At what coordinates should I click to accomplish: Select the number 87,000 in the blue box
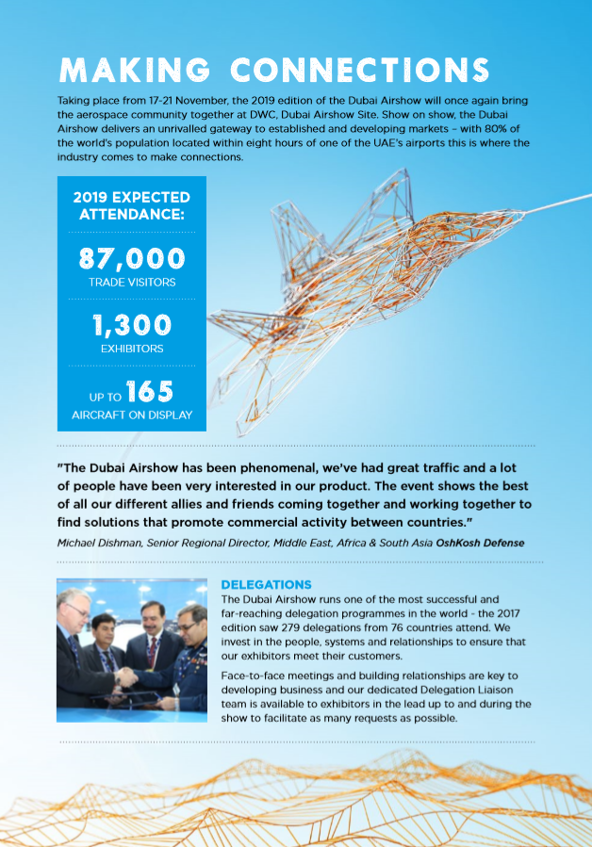(x=132, y=257)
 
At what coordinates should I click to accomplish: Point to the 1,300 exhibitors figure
(x=132, y=325)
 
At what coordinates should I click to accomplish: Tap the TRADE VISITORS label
(x=132, y=282)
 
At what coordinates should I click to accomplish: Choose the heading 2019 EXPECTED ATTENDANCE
(x=132, y=206)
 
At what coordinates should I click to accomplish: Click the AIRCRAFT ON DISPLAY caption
(x=132, y=415)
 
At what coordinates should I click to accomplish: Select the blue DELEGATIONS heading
(x=266, y=584)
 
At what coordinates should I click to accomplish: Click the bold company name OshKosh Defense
(x=480, y=543)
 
